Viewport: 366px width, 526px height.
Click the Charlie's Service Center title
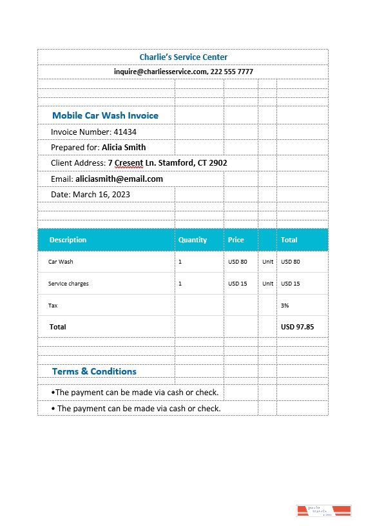183,57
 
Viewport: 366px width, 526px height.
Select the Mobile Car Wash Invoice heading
105,115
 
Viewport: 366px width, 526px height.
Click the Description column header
68,240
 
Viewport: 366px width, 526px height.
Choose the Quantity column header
193,240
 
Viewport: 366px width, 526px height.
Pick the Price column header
236,240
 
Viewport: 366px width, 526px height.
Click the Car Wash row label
61,262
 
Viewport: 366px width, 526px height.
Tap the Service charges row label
68,284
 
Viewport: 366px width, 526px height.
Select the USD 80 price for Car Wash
238,262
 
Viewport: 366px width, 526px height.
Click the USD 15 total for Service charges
291,284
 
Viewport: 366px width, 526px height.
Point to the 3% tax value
285,306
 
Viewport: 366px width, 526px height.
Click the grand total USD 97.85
297,327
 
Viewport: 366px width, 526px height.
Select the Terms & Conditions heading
94,371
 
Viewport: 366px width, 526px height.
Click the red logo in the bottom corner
323,511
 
